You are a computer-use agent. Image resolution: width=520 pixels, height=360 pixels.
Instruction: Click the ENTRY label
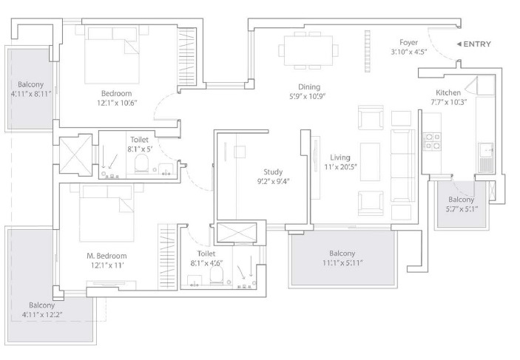point(477,44)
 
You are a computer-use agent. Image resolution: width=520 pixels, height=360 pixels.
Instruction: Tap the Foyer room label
point(408,42)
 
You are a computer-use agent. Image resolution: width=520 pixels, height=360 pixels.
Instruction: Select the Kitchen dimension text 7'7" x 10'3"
point(448,102)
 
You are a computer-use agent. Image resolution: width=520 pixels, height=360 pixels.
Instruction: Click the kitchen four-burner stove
point(431,141)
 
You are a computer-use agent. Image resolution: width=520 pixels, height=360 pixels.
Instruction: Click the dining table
point(308,50)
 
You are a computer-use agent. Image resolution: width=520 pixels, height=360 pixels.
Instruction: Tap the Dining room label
point(309,86)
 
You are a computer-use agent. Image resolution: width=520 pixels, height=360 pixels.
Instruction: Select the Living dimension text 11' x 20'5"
point(340,167)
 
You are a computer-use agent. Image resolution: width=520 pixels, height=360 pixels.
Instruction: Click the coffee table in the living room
point(370,162)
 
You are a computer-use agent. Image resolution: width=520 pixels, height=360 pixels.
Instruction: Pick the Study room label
point(273,171)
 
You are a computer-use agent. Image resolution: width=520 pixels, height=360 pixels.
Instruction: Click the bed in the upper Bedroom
point(112,55)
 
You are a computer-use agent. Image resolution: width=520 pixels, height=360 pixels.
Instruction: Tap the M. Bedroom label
point(107,256)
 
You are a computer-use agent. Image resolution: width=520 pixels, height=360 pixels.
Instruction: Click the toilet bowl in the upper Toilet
point(141,163)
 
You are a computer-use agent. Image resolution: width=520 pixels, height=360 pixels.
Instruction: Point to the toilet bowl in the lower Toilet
point(217,276)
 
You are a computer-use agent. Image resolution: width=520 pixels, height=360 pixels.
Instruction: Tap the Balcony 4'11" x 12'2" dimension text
point(42,314)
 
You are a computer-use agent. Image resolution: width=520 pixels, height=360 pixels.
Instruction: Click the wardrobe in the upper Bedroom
point(187,57)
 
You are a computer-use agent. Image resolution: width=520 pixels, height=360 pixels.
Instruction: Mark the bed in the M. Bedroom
point(107,213)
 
